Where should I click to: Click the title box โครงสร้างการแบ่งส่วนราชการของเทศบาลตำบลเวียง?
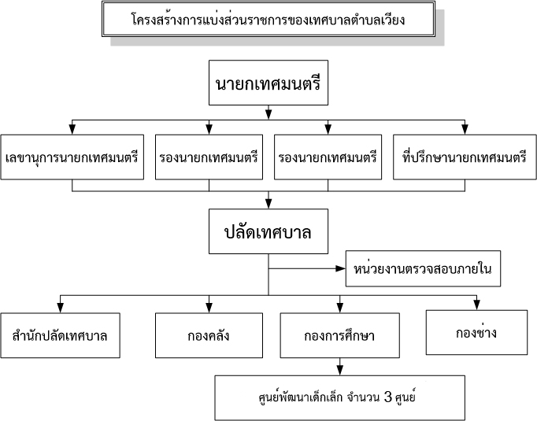tap(268, 19)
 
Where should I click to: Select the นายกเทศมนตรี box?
tap(268, 83)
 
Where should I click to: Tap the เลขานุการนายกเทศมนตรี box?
tap(72, 157)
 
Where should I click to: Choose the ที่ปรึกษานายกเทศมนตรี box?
tap(465, 157)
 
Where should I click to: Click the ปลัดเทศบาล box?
tap(268, 231)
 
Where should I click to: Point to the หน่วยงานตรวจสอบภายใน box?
tap(423, 268)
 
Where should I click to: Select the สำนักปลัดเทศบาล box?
tap(61, 335)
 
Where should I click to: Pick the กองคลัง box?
tap(209, 335)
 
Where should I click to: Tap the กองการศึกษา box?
tap(339, 335)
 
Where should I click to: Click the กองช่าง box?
tap(476, 332)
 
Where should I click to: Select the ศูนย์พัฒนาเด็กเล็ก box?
tap(339, 397)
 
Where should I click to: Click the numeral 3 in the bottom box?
tap(387, 397)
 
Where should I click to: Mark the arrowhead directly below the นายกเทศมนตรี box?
tap(268, 114)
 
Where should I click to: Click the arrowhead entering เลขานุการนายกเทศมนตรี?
tap(72, 129)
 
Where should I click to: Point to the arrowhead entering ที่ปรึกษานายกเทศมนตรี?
tap(465, 129)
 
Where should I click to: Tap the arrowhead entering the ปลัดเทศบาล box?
tap(268, 204)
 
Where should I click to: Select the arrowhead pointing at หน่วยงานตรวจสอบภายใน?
tap(340, 268)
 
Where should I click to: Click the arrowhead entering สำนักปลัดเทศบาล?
tap(61, 308)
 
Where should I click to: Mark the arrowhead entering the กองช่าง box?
tap(476, 305)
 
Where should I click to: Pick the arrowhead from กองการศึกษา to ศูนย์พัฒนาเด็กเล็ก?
tap(339, 371)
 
